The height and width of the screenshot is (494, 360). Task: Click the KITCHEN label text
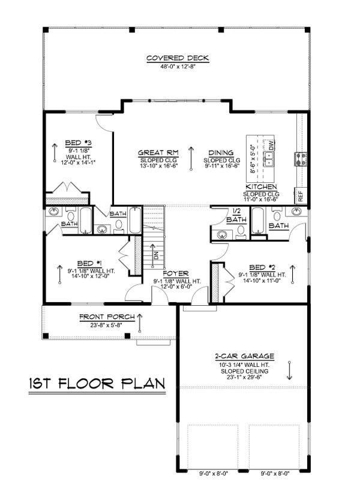pos(260,187)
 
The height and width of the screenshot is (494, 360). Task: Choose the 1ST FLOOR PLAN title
pos(95,383)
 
